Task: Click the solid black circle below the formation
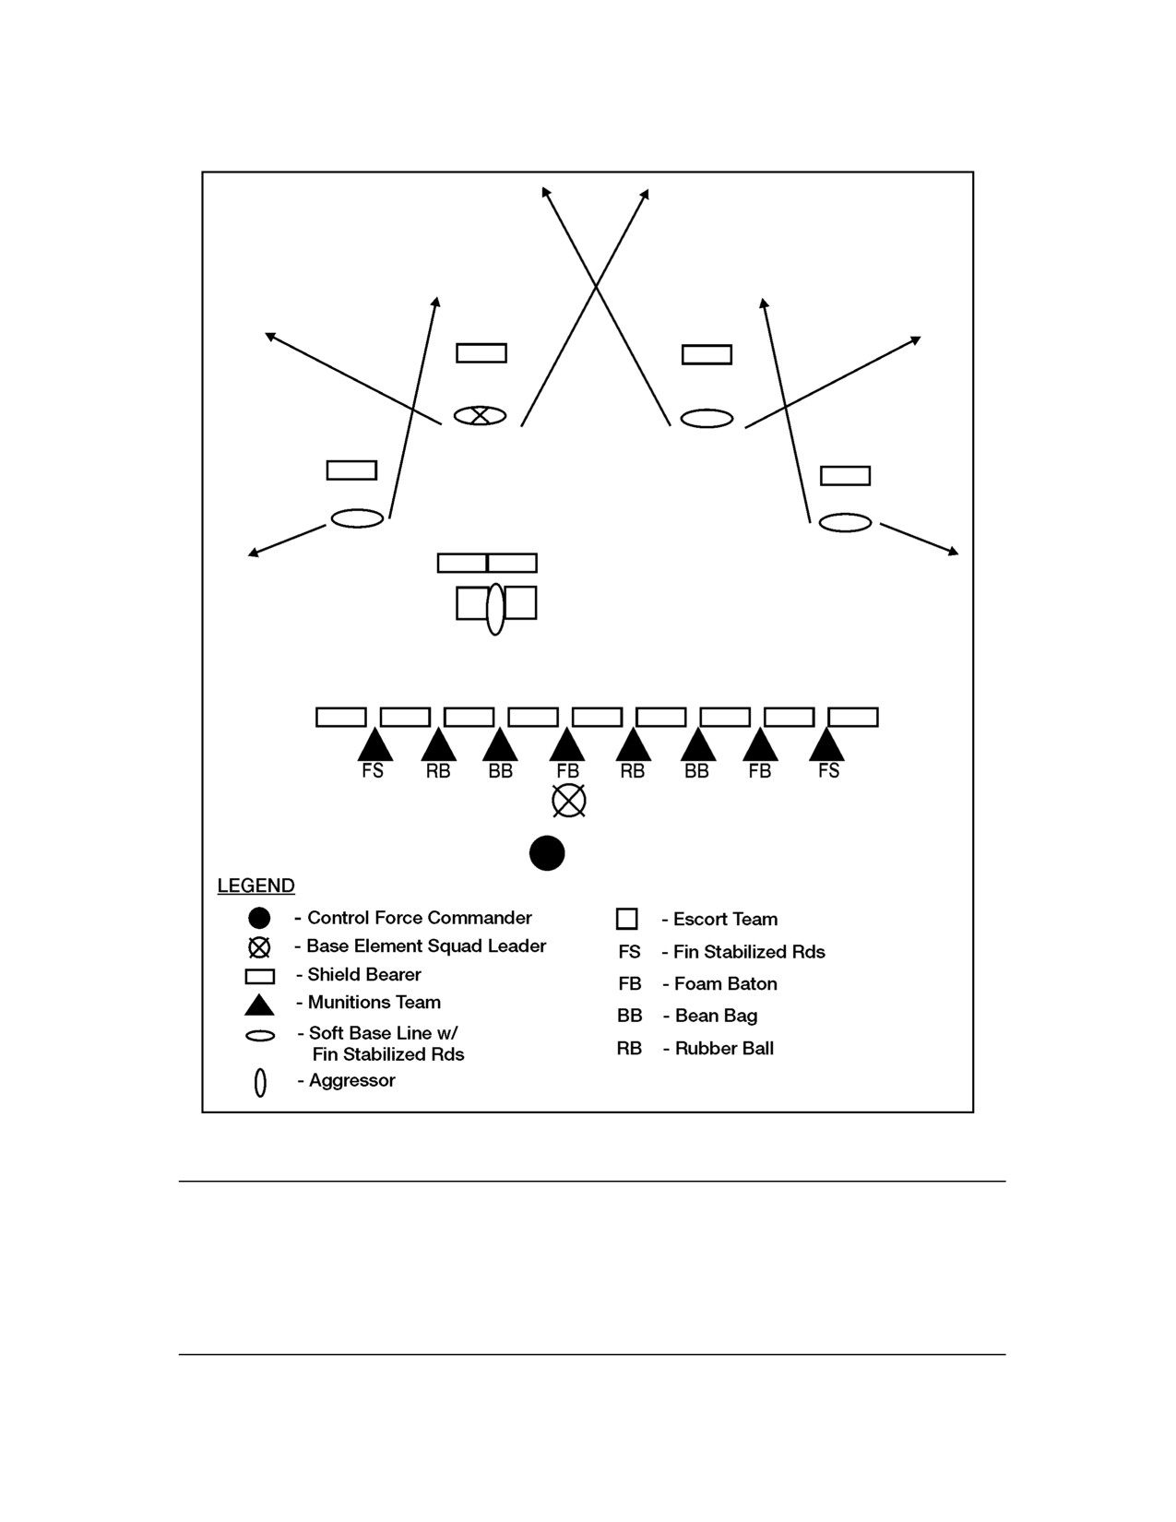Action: click(x=547, y=853)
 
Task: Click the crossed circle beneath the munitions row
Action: click(x=569, y=801)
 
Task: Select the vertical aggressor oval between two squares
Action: click(x=495, y=609)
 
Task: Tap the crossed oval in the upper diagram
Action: click(x=480, y=416)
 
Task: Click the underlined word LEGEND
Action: click(x=255, y=886)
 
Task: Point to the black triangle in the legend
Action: click(x=259, y=1005)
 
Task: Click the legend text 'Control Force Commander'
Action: click(x=420, y=918)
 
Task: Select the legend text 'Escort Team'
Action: click(x=725, y=919)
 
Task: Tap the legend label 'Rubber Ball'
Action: click(x=724, y=1049)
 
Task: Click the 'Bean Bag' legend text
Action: click(x=716, y=1017)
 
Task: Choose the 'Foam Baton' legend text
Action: click(x=726, y=984)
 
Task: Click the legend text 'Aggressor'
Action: click(x=351, y=1081)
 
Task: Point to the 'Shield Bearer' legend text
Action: click(x=364, y=974)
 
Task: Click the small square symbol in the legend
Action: click(x=627, y=919)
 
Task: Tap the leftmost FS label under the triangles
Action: click(x=373, y=770)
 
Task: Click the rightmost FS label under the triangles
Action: click(x=828, y=770)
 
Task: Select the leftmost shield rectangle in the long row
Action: click(x=341, y=718)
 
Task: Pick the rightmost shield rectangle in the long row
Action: click(x=853, y=718)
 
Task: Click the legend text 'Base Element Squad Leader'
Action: click(x=426, y=946)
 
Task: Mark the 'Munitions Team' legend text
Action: click(x=374, y=1003)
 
